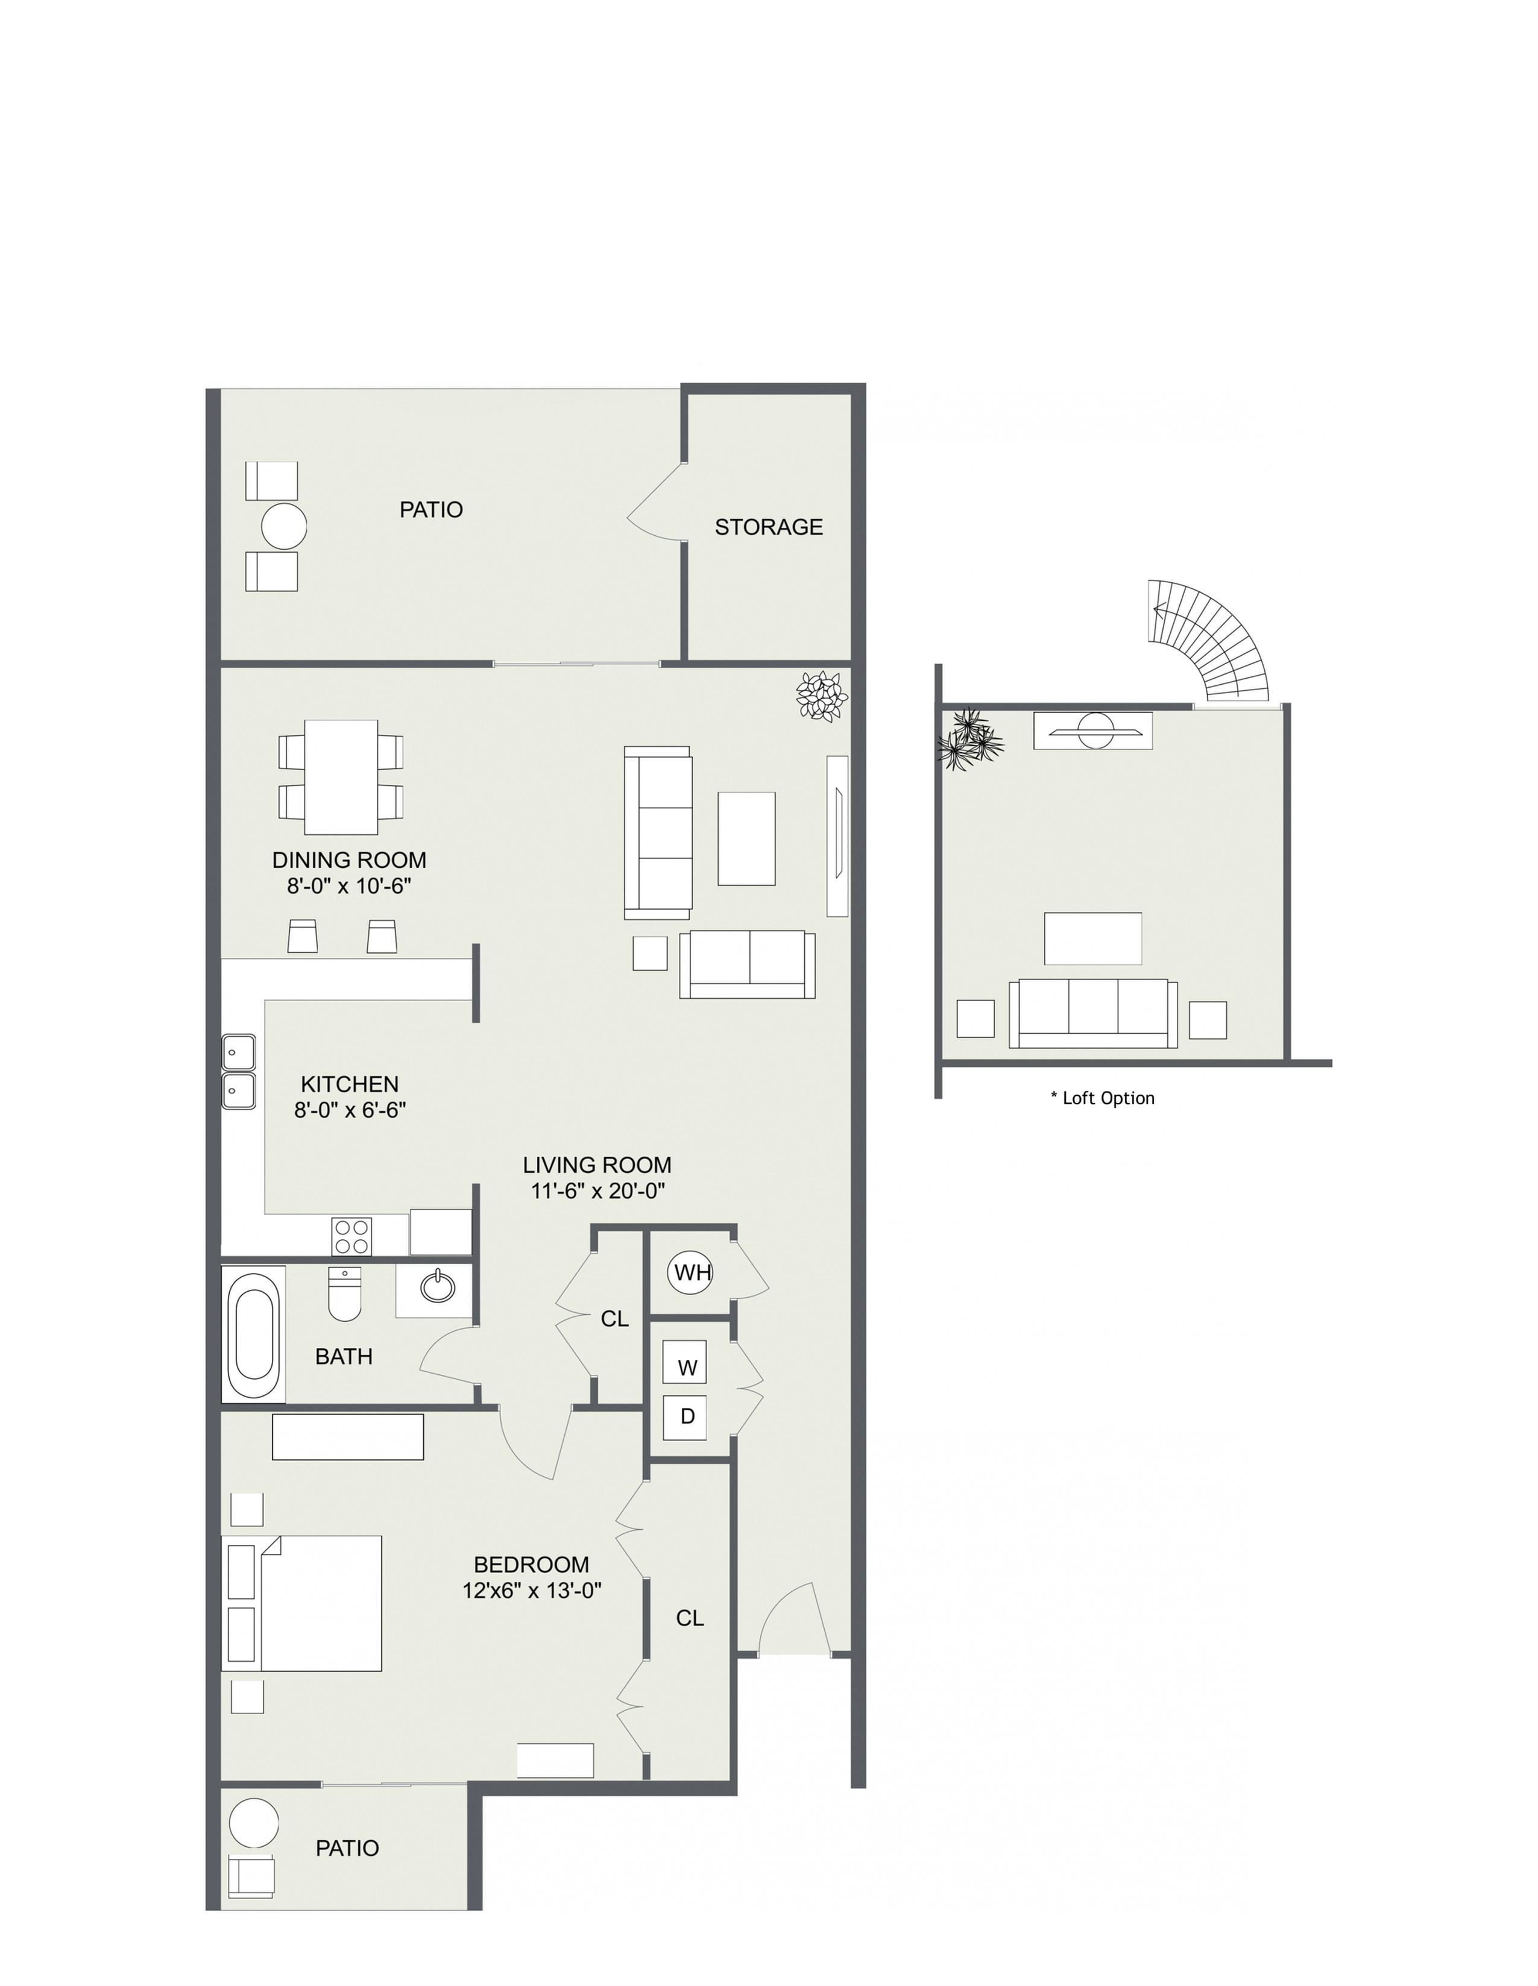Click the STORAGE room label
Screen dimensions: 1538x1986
pyautogui.click(x=769, y=527)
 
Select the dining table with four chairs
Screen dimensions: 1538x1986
pyautogui.click(x=341, y=778)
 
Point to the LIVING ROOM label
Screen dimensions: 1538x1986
pyautogui.click(x=597, y=1165)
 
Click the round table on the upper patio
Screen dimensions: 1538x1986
pyautogui.click(x=284, y=526)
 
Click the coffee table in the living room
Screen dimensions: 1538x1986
pyautogui.click(x=747, y=838)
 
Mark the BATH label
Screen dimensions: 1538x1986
pyautogui.click(x=344, y=1357)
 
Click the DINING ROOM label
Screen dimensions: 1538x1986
pyautogui.click(x=349, y=860)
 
